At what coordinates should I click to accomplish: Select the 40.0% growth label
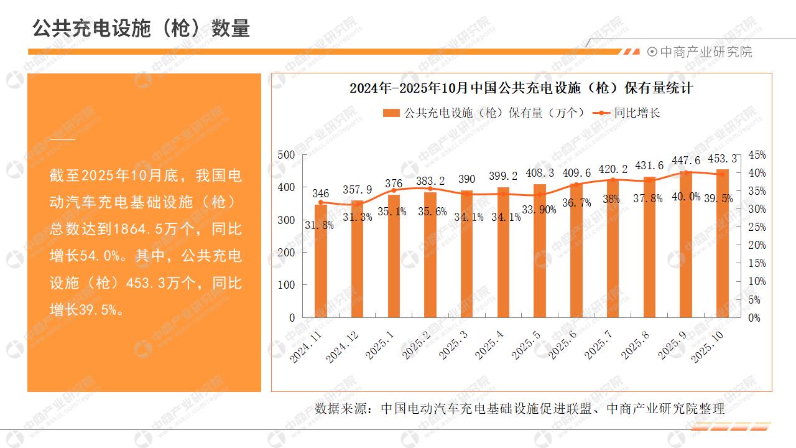coord(685,197)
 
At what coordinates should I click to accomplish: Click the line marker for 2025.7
coord(613,180)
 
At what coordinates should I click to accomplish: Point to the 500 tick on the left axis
coord(287,155)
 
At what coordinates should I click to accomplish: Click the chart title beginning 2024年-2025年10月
coord(521,88)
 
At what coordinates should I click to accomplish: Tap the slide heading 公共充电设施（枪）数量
coord(141,28)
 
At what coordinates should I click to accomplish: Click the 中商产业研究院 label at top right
coord(705,52)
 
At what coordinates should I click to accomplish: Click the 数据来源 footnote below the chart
coord(520,409)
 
